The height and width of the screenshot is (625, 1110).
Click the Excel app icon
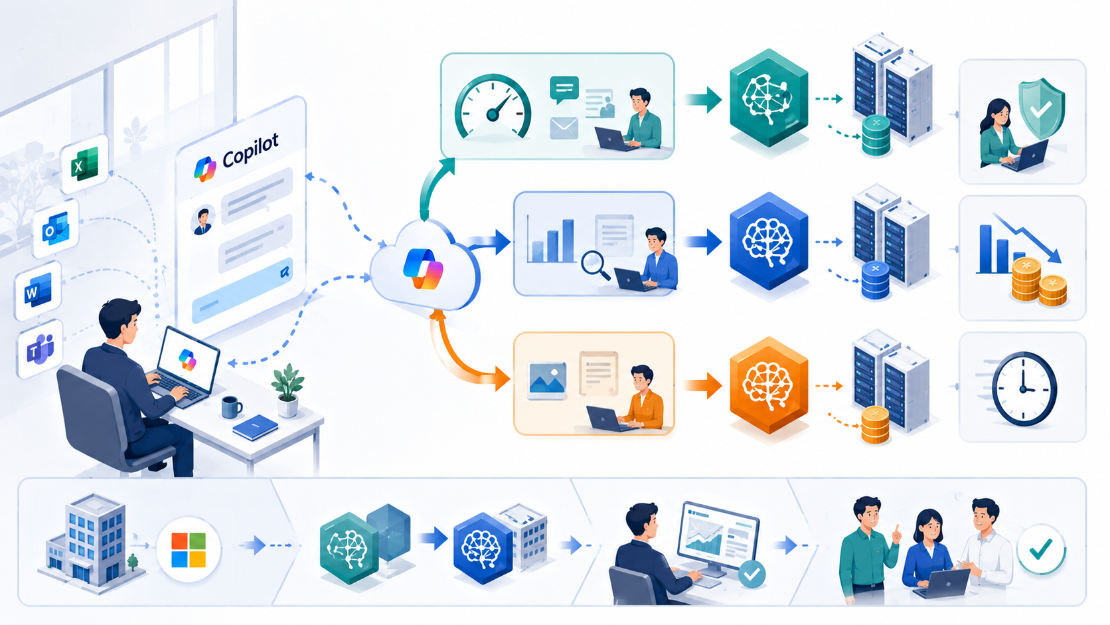pos(84,164)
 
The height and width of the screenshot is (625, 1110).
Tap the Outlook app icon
pos(56,229)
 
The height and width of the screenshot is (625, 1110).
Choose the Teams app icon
pos(40,349)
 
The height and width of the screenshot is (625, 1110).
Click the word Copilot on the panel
pos(250,150)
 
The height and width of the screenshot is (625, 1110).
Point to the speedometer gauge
pos(493,106)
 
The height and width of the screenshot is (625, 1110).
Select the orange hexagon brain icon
pos(769,385)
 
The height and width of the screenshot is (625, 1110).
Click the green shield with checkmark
pos(1041,108)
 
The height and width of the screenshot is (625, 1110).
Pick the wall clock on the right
pos(1024,389)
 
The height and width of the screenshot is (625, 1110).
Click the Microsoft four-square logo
pos(189,550)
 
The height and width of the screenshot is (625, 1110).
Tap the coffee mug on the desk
pos(231,407)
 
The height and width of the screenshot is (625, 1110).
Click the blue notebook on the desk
pos(255,427)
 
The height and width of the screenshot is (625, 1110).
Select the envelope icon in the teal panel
pos(564,128)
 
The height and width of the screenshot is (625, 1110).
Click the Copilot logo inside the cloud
pos(423,268)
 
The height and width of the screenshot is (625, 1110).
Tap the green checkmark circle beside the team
pos(1041,549)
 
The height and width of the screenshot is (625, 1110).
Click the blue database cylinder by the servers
pos(875,280)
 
